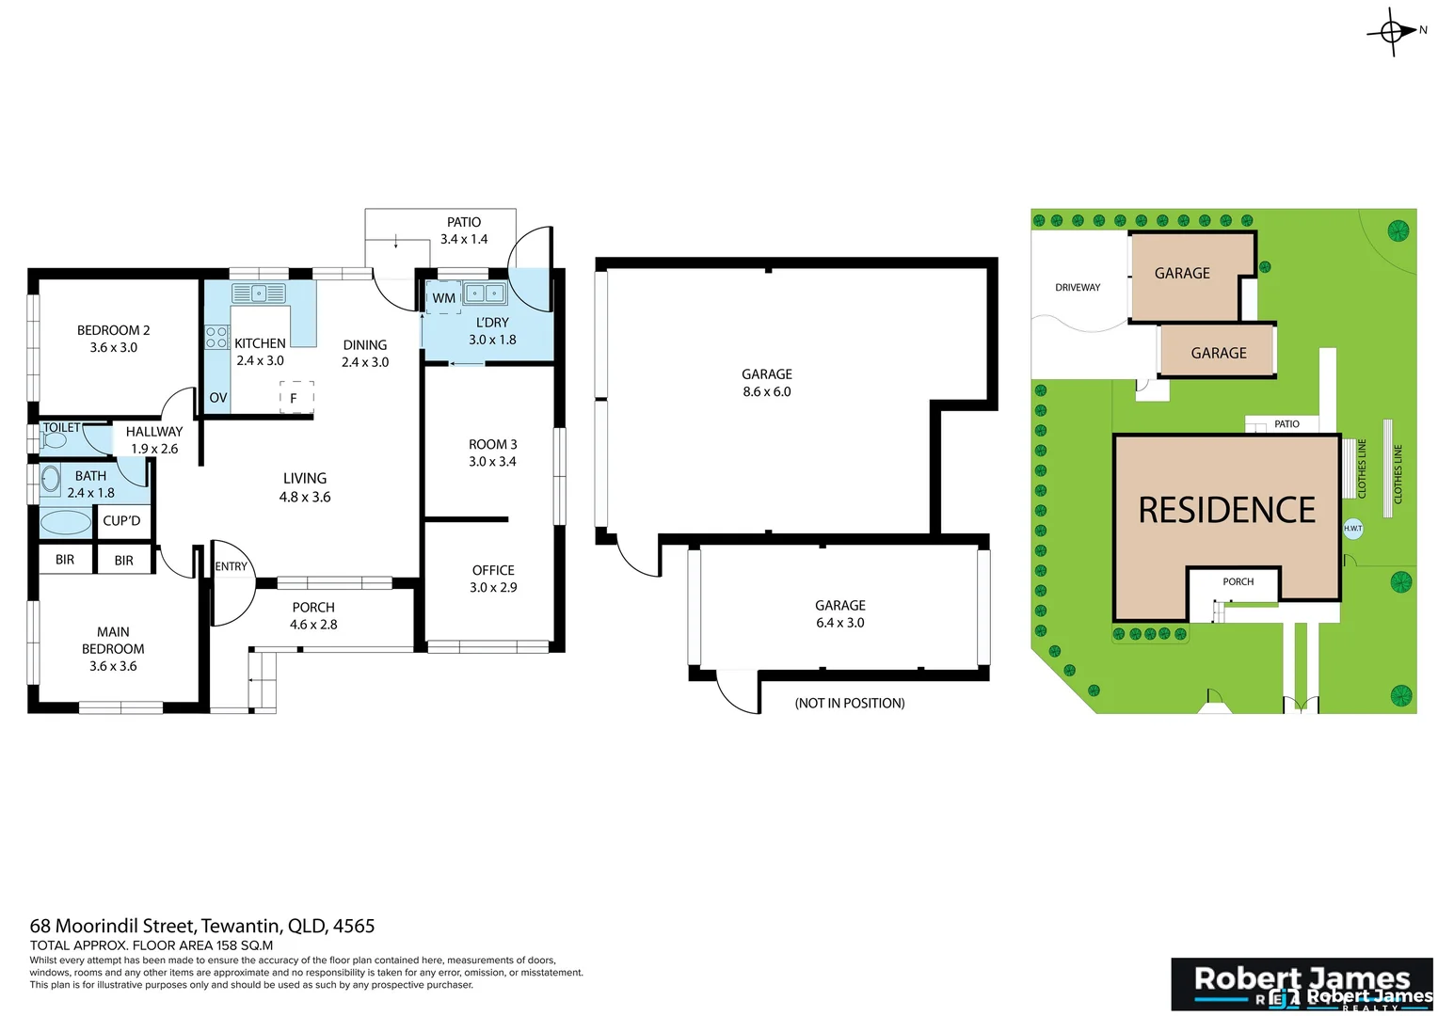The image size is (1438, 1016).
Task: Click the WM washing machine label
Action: [x=443, y=298]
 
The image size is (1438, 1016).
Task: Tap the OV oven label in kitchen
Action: [x=218, y=398]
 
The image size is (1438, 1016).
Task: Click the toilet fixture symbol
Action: [x=55, y=440]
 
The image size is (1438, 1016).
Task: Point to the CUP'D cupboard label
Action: [x=121, y=520]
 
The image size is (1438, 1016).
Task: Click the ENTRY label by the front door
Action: [x=231, y=566]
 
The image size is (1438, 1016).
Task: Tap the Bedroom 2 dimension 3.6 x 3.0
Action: [x=114, y=347]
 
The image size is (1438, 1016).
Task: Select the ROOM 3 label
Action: [x=492, y=444]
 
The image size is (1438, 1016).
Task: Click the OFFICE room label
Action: [x=493, y=570]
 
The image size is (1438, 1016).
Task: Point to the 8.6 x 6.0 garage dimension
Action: [x=766, y=391]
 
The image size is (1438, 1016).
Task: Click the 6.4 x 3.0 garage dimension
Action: [x=839, y=623]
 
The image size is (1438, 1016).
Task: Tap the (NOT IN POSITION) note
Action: [x=849, y=703]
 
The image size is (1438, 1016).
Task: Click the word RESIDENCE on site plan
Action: [x=1226, y=510]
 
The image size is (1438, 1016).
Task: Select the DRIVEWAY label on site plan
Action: [x=1078, y=287]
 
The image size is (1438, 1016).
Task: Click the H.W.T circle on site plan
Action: [x=1352, y=529]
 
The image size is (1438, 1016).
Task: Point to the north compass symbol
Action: [x=1394, y=32]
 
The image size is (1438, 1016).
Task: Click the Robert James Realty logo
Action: [x=1302, y=984]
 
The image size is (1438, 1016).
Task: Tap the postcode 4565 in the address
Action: [x=354, y=926]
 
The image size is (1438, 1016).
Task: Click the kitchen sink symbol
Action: [x=259, y=294]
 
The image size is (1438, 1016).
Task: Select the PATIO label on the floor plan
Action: [x=464, y=222]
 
